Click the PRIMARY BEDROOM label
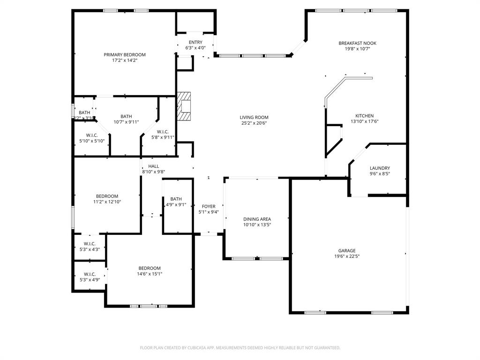(x=124, y=55)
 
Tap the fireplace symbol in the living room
(x=185, y=107)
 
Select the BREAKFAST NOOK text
(x=357, y=43)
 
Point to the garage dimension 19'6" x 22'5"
(x=347, y=256)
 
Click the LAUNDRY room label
(x=380, y=168)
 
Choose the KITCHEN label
(x=364, y=116)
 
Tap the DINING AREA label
(x=257, y=219)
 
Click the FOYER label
(x=209, y=206)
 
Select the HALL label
(x=153, y=166)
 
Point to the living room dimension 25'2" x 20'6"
(x=254, y=123)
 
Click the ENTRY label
(x=195, y=42)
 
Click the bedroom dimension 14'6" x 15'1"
(x=149, y=274)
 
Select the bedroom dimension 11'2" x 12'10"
(x=107, y=202)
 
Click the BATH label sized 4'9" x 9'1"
(x=176, y=199)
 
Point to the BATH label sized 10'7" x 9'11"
(x=126, y=116)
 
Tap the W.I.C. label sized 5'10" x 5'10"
(x=91, y=135)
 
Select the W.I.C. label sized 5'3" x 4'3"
(x=90, y=243)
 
